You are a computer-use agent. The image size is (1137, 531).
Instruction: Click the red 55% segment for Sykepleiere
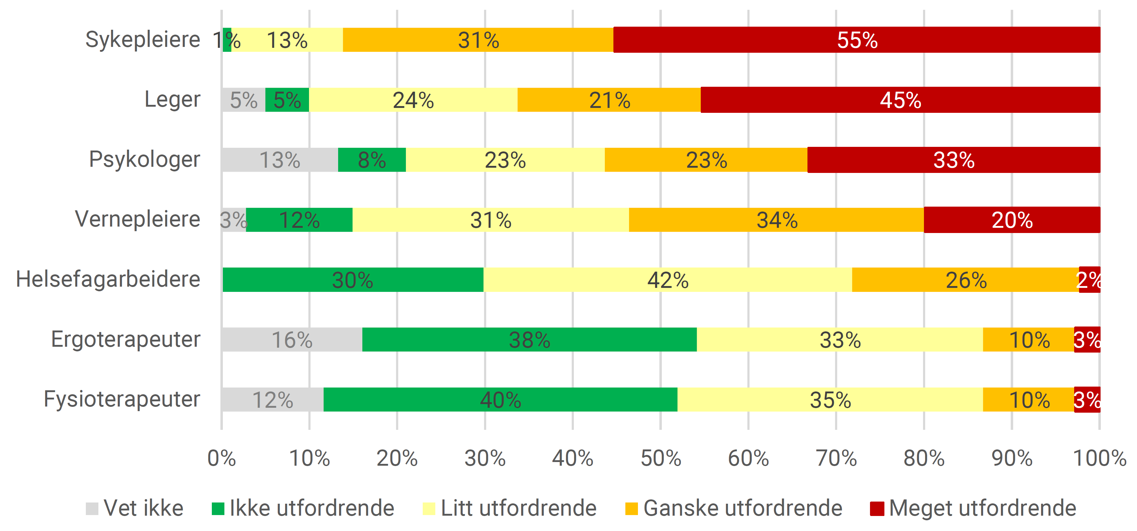856,40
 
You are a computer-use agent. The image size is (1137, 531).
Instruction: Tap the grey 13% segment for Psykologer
280,160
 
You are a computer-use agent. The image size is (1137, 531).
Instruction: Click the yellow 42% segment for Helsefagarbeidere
667,280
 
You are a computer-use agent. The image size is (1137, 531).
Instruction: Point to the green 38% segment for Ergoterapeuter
529,340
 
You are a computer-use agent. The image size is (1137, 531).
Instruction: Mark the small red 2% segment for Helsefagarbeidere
1089,280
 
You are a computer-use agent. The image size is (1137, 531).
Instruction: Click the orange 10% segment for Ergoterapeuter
1028,340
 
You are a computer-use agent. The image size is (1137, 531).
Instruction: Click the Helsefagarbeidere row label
108,279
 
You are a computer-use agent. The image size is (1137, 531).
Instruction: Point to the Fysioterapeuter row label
122,399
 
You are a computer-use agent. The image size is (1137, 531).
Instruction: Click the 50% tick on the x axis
660,458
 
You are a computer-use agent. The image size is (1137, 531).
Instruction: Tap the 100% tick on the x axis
1099,458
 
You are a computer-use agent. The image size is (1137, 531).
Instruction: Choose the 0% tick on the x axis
222,458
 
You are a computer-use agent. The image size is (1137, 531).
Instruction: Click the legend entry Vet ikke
135,508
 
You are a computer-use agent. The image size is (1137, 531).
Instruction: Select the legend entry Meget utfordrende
973,508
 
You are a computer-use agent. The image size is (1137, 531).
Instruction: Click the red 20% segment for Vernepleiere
1012,220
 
